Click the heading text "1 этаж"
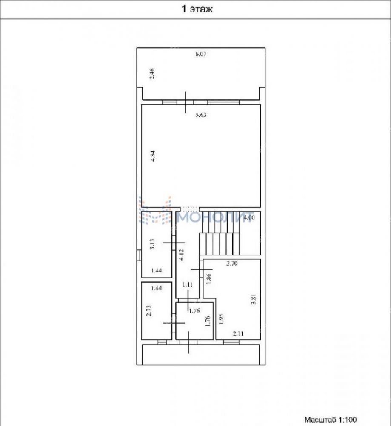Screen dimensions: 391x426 click(x=197, y=9)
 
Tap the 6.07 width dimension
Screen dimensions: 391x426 click(x=201, y=54)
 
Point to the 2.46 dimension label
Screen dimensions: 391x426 click(x=152, y=74)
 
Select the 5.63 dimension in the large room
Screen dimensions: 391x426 click(x=201, y=115)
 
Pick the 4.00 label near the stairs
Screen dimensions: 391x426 click(x=249, y=217)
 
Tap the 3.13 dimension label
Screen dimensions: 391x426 click(x=152, y=244)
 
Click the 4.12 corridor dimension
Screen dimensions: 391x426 click(x=182, y=255)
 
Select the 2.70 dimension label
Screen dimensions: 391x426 click(x=232, y=263)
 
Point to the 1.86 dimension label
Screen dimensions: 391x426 click(x=208, y=279)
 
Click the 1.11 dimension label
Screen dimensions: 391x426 click(x=187, y=284)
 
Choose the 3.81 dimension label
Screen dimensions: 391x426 click(x=254, y=299)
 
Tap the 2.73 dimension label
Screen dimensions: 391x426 click(x=148, y=311)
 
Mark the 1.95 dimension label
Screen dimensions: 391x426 click(x=221, y=319)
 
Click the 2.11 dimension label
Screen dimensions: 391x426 click(x=238, y=333)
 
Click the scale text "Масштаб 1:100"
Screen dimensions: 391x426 click(x=331, y=420)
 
